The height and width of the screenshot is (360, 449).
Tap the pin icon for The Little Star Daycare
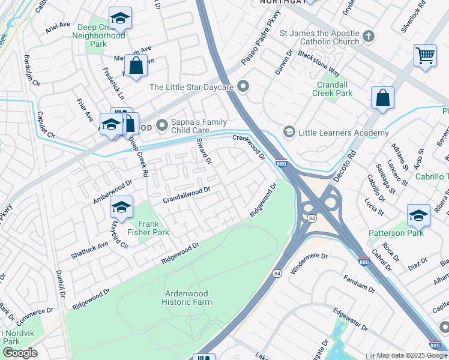coord(243,87)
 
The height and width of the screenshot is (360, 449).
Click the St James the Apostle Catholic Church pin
coord(369,37)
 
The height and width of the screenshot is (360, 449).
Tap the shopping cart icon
coord(425,56)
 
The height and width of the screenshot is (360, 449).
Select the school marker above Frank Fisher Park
coord(121,208)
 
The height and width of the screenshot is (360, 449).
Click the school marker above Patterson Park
coord(418,214)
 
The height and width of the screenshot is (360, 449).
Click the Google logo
coord(20,353)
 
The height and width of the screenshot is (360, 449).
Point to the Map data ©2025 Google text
coord(412,355)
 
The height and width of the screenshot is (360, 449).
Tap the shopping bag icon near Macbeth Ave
coord(136,65)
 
